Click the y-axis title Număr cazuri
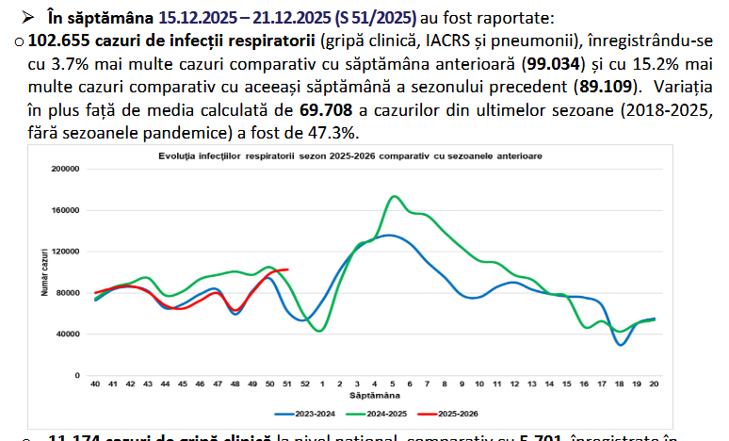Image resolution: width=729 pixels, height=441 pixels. (43, 271)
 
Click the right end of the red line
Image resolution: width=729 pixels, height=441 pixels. (287, 269)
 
